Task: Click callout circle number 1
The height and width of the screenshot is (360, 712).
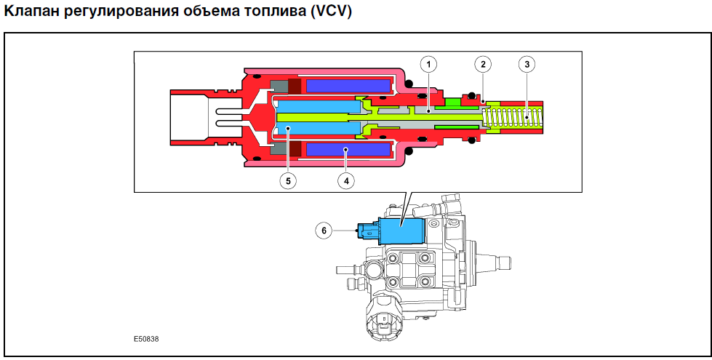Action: (428, 65)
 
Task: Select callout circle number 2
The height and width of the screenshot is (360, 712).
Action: (483, 65)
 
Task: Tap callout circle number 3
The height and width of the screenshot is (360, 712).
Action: (527, 65)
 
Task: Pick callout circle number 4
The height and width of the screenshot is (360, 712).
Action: (346, 180)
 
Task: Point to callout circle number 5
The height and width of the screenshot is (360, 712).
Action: (287, 180)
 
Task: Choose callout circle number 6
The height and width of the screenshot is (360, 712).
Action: (324, 231)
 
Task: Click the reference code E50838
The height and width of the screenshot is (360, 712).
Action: (146, 339)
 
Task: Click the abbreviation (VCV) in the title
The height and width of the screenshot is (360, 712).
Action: (331, 12)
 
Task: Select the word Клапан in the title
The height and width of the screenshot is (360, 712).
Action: (30, 12)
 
